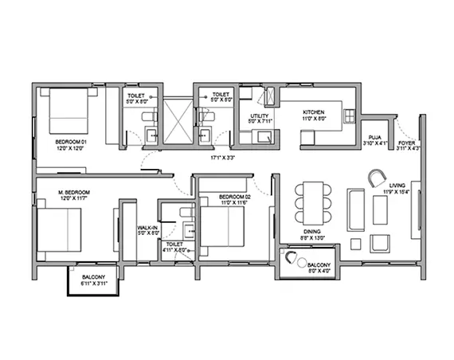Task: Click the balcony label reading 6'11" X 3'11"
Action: tap(92, 280)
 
